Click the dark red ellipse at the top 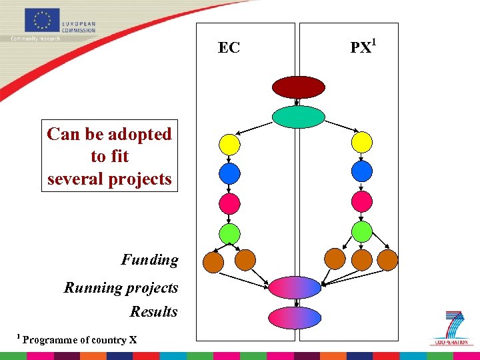pyautogui.click(x=298, y=87)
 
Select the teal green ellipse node pyautogui.click(x=298, y=117)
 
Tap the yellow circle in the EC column pyautogui.click(x=229, y=143)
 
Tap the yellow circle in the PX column pyautogui.click(x=361, y=142)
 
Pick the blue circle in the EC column pyautogui.click(x=229, y=173)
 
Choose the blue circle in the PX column pyautogui.click(x=361, y=172)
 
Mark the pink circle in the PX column pyautogui.click(x=361, y=201)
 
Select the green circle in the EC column pyautogui.click(x=229, y=233)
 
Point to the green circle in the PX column pyautogui.click(x=361, y=231)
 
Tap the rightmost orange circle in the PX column pyautogui.click(x=387, y=259)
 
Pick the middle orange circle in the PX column pyautogui.click(x=361, y=259)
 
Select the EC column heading pyautogui.click(x=229, y=48)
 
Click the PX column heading pyautogui.click(x=363, y=47)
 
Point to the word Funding pyautogui.click(x=149, y=260)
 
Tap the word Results pyautogui.click(x=153, y=312)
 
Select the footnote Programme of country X pyautogui.click(x=79, y=340)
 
